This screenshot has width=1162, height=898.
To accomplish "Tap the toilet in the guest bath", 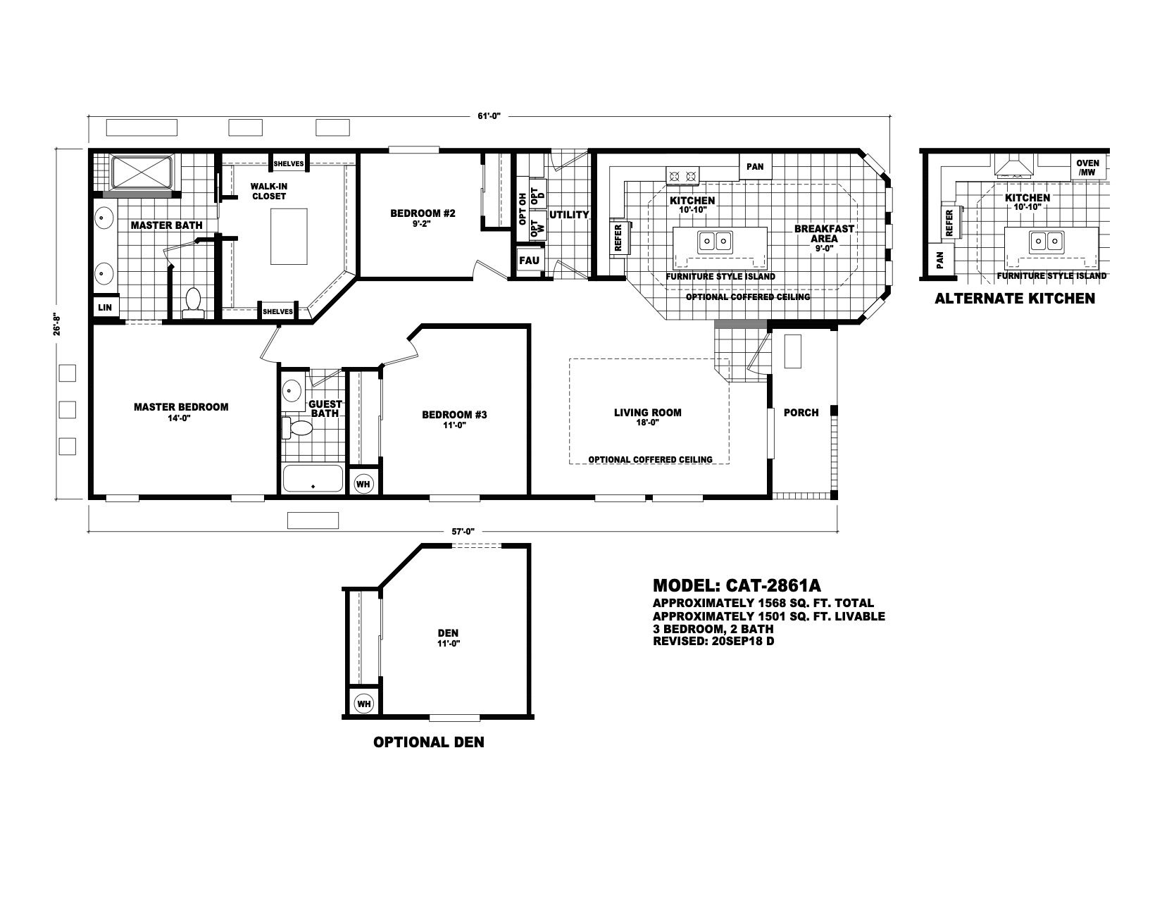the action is [297, 428].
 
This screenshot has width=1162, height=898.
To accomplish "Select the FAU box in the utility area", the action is [529, 261].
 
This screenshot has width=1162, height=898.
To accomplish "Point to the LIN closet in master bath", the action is [105, 307].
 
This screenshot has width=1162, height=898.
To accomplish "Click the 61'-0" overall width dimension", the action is [488, 116].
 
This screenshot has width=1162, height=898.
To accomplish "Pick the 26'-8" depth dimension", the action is [56, 324].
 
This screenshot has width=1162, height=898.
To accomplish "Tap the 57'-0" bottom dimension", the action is [463, 532].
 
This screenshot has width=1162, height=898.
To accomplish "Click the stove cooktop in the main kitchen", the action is [682, 175].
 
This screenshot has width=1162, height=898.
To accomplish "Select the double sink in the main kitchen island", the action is [714, 242].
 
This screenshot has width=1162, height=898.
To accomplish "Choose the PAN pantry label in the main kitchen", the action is [755, 167].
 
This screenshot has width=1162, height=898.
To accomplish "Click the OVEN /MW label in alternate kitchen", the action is [1087, 168].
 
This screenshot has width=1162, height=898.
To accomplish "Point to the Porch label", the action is [801, 412].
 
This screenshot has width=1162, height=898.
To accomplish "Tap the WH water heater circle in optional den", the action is [364, 704].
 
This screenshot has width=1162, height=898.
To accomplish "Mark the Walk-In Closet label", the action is [269, 191].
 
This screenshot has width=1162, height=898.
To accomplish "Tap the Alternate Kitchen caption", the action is [1014, 299].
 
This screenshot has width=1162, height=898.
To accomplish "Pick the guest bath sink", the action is [291, 391].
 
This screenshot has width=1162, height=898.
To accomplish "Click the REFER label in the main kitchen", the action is [618, 238].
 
